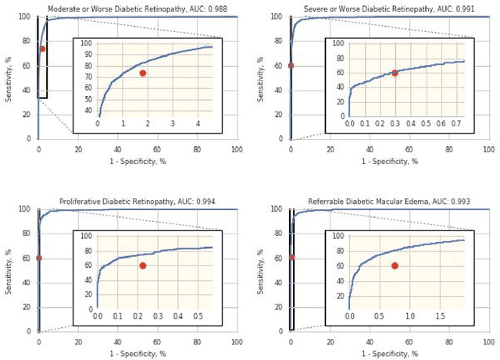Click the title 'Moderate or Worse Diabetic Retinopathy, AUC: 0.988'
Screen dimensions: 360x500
coord(137,8)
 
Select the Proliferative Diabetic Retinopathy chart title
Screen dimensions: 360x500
coord(137,201)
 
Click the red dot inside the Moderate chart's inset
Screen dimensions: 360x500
coord(142,73)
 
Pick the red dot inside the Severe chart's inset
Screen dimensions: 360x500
coord(395,73)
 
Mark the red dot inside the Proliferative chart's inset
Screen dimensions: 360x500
coord(142,266)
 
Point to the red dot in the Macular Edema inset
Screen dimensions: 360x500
coord(395,266)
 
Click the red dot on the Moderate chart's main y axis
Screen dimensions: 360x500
coord(42,48)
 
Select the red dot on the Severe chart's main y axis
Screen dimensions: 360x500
coord(291,65)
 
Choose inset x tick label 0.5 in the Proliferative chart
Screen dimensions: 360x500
coord(198,316)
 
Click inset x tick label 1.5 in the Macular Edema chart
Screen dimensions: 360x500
coord(440,316)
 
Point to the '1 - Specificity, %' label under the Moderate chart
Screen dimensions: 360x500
coord(137,161)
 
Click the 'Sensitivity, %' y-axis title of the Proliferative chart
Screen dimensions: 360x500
coord(8,269)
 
